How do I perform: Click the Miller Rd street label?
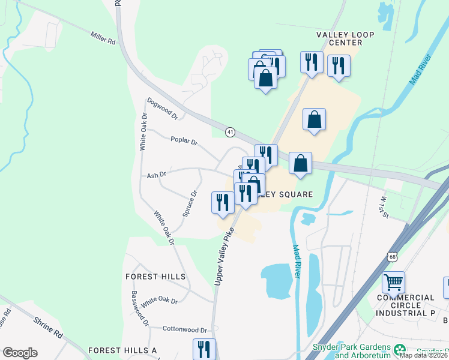coord(103,39)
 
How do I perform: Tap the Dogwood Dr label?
coord(163,108)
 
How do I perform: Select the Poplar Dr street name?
coord(184,141)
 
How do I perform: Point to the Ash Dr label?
coord(155,175)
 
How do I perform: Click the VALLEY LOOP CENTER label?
coord(339,38)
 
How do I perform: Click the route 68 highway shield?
coord(393,257)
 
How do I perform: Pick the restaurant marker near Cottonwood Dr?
coord(204,349)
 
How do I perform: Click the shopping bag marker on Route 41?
coord(300,163)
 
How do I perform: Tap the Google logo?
coord(19,353)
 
